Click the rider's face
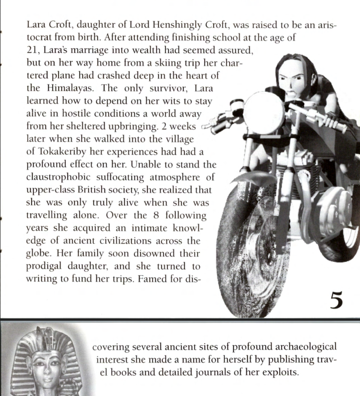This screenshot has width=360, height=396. coord(292,83)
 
